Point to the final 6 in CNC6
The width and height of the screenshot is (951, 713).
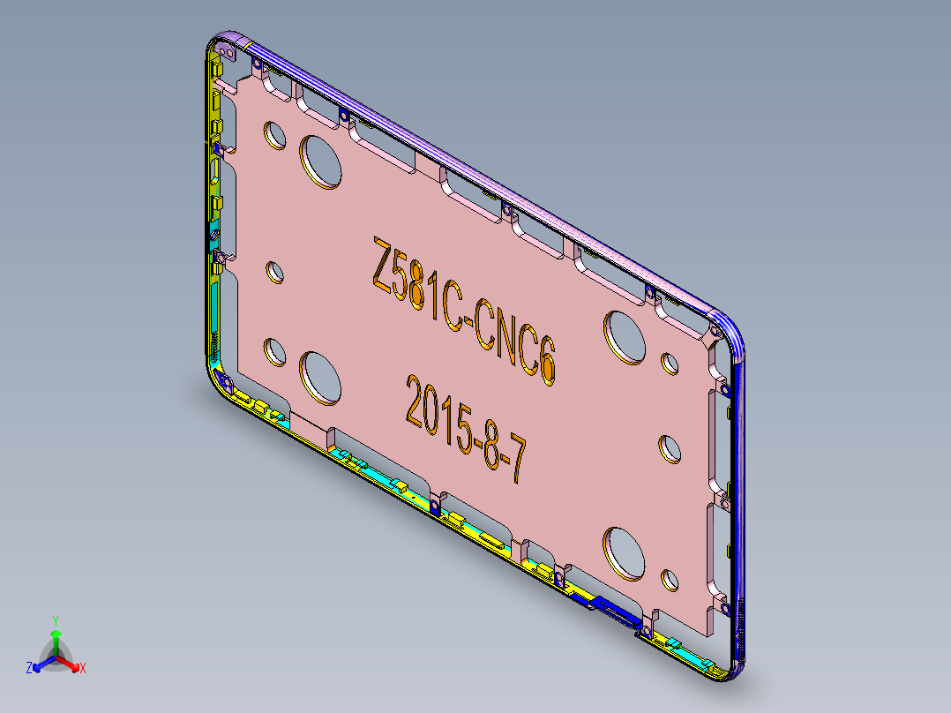[548, 363]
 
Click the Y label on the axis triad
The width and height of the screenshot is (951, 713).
[56, 620]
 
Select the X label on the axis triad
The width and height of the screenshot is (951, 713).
[82, 669]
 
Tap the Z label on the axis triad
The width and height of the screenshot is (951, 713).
[29, 669]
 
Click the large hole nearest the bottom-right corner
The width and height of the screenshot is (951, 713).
[625, 552]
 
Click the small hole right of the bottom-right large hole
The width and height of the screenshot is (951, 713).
[669, 581]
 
